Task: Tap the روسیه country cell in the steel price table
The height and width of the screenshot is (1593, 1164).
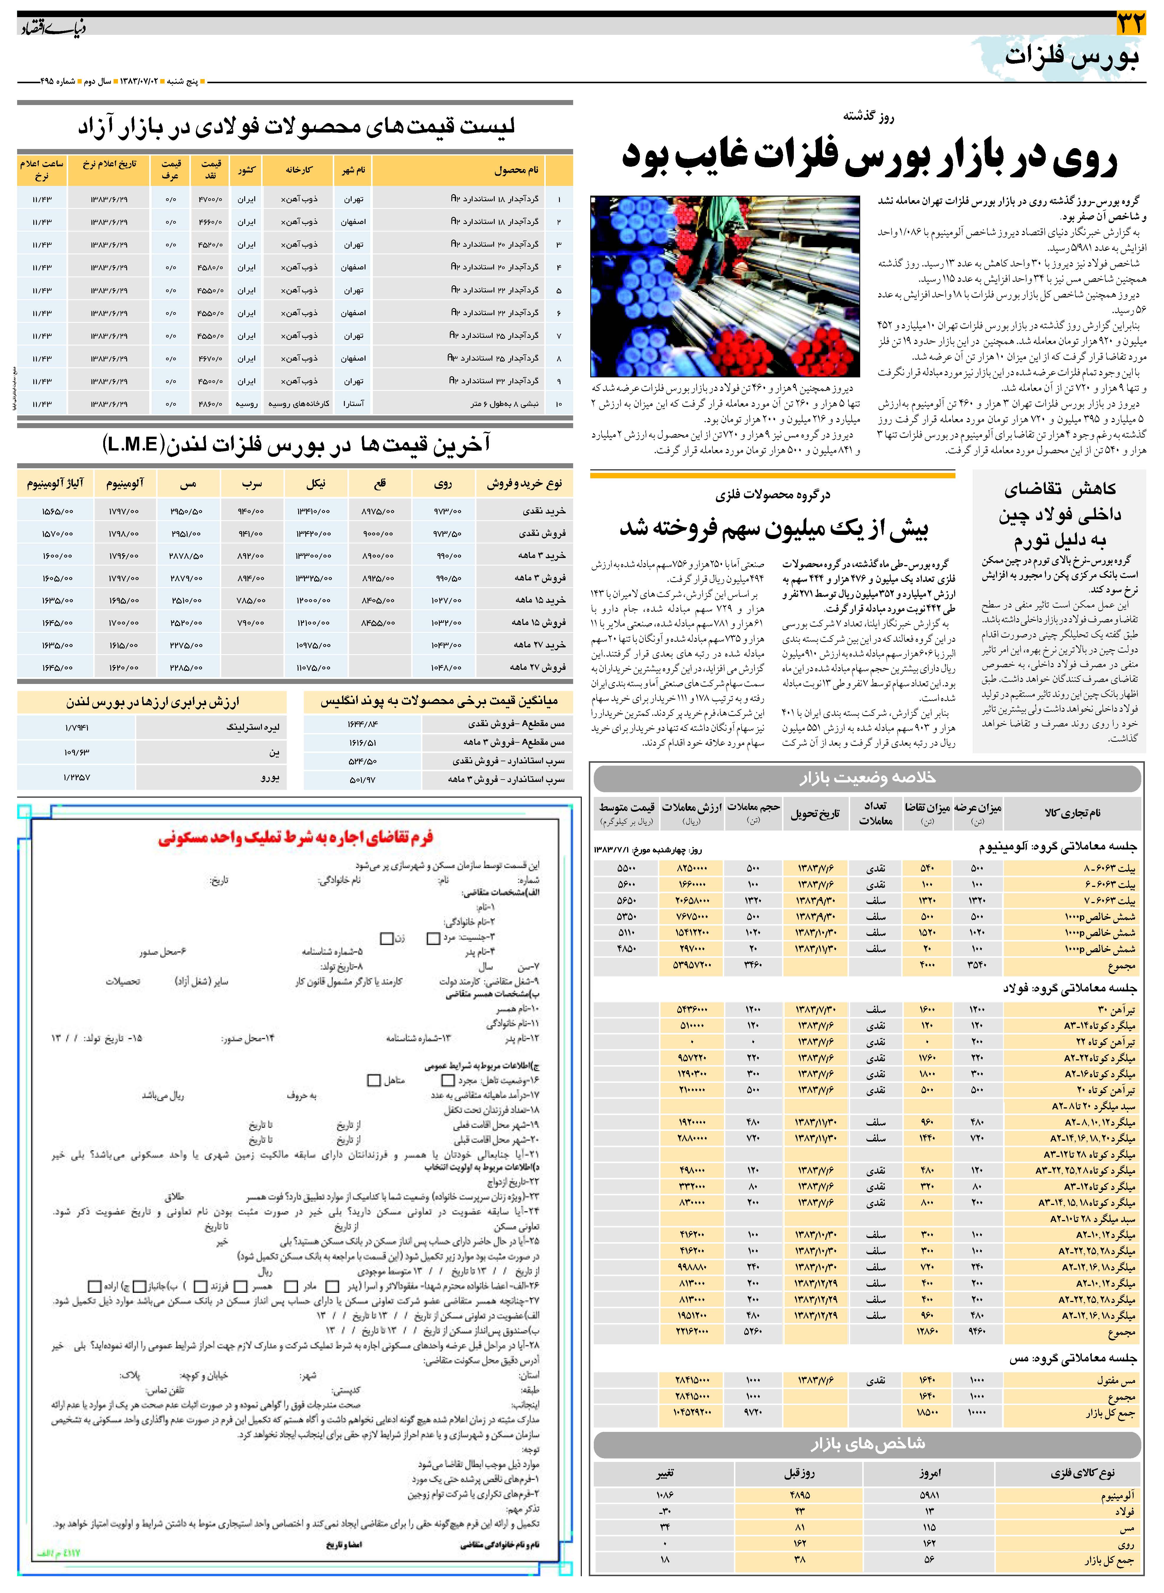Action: coord(247,404)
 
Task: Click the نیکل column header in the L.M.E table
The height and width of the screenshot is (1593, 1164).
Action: coord(316,484)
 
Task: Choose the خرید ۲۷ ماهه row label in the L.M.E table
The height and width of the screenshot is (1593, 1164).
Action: coord(539,645)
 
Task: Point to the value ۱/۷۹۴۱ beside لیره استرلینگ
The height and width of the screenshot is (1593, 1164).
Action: coord(76,727)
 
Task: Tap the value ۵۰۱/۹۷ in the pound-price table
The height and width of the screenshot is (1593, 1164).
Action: coord(362,780)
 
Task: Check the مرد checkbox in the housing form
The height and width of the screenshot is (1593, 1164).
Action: coord(433,938)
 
